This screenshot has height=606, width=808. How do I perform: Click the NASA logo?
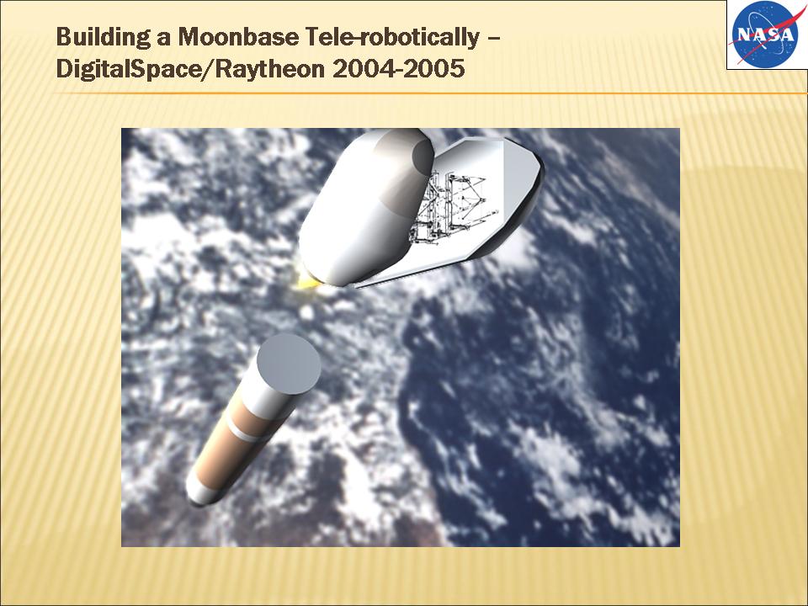tap(763, 34)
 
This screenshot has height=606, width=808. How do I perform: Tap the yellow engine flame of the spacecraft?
tap(304, 280)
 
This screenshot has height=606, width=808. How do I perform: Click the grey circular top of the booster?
tap(289, 364)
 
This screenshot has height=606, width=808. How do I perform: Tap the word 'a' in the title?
tap(164, 40)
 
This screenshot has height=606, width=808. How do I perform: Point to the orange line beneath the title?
tap(431, 93)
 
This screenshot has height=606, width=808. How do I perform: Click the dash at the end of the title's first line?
tap(494, 40)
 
